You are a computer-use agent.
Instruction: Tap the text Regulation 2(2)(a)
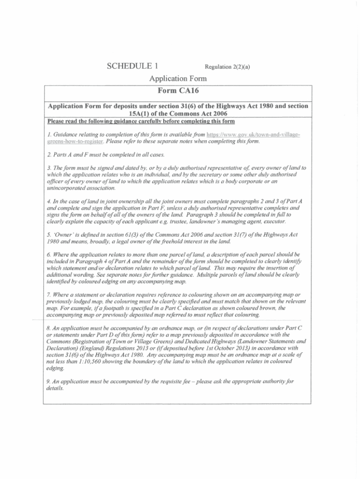click(x=227, y=67)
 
